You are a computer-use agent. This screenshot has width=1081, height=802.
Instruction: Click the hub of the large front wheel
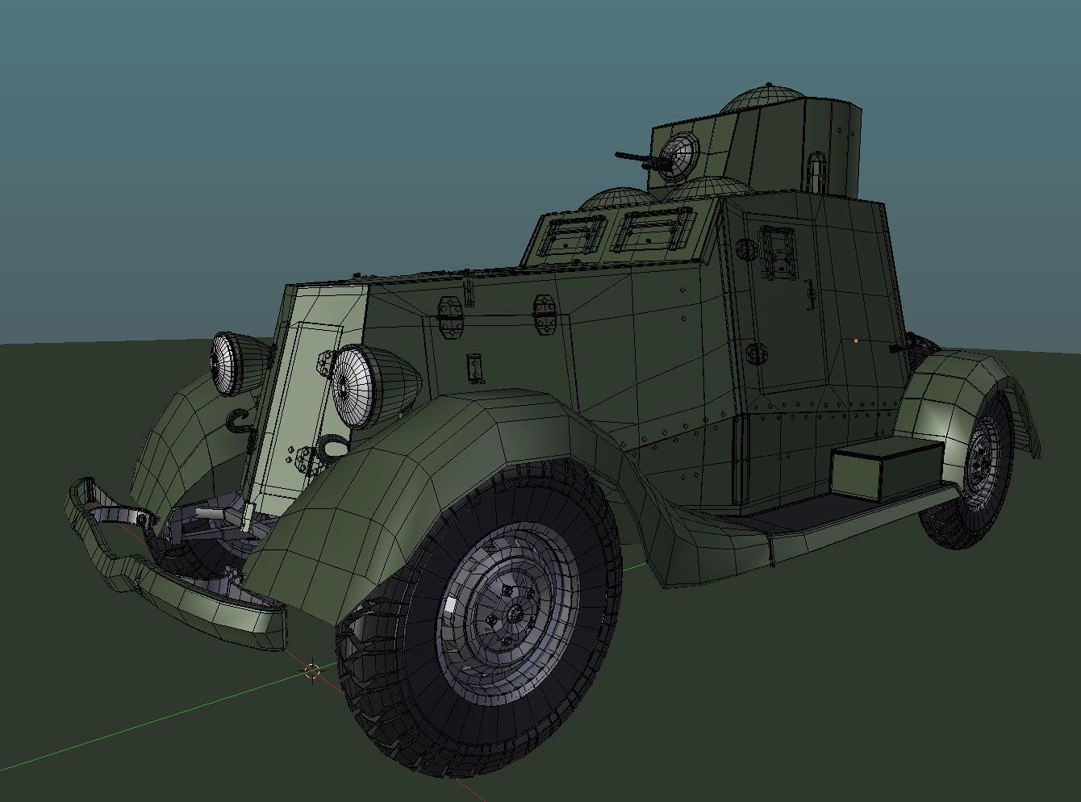(x=511, y=616)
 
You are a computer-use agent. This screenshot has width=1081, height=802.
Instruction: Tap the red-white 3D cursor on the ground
(x=312, y=670)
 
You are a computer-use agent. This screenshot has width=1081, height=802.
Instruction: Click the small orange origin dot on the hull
(x=856, y=340)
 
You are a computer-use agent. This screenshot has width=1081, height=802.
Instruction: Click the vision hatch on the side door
(x=776, y=252)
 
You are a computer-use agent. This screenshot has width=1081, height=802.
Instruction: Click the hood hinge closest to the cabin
(x=545, y=315)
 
